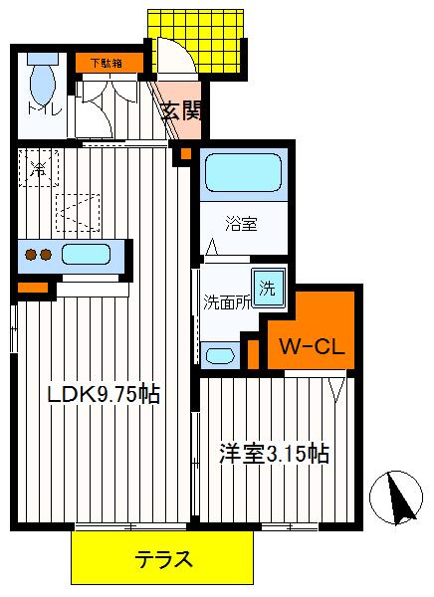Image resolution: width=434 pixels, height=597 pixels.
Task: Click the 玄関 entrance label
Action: pos(182,110)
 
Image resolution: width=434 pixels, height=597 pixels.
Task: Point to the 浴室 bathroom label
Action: pos(243,225)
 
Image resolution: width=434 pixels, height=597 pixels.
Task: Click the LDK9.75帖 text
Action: pos(105,394)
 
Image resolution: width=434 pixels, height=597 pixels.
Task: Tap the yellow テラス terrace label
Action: pos(162,559)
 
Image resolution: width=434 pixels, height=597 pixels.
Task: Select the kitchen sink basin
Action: pos(89,255)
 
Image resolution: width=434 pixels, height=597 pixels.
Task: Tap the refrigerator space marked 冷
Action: pos(37,168)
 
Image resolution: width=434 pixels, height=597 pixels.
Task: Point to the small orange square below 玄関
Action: pos(182,154)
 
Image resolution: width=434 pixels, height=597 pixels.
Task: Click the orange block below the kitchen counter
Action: pos(32,289)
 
